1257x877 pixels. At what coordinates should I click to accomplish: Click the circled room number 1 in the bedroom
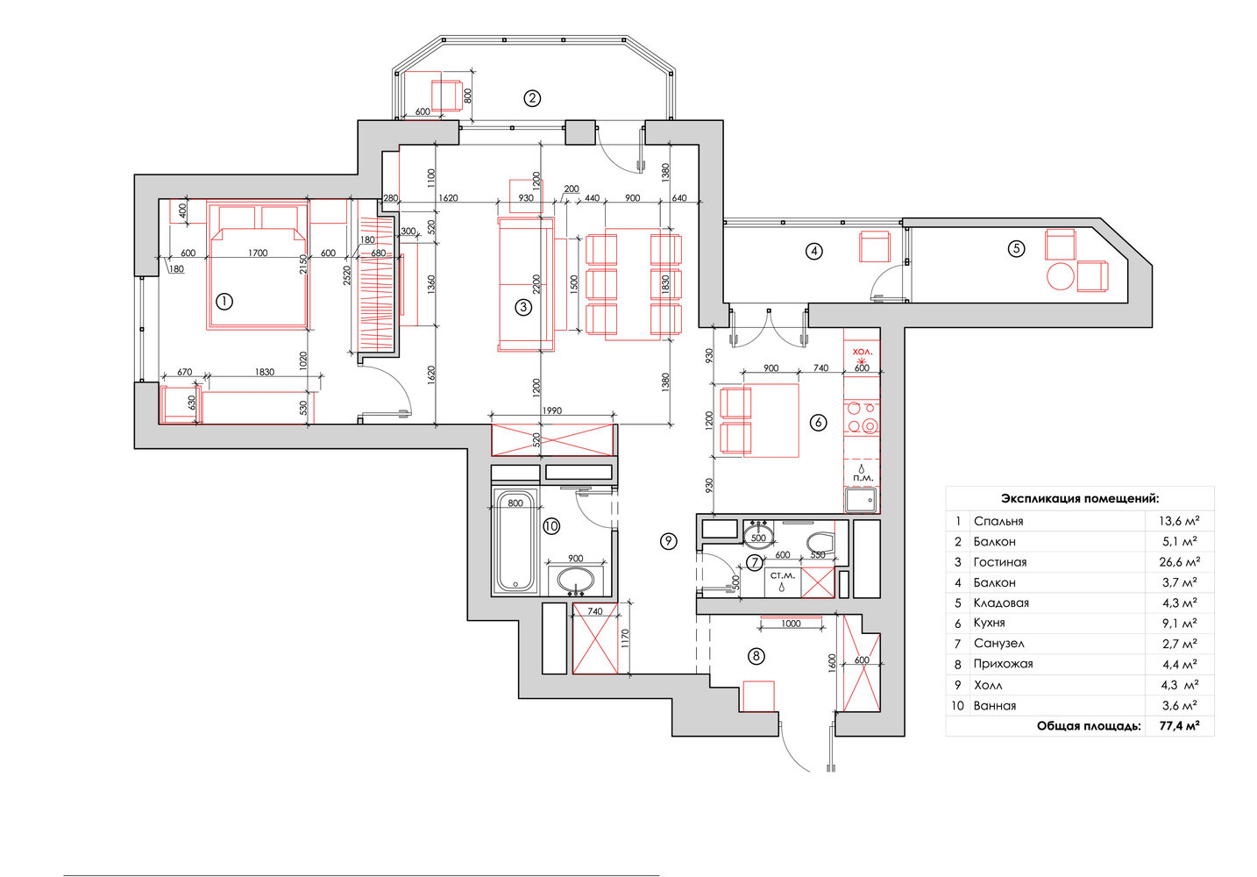[224, 302]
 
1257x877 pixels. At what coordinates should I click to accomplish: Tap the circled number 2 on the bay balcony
[532, 99]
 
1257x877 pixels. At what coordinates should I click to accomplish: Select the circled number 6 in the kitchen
[818, 422]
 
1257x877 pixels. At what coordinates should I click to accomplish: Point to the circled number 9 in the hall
[668, 541]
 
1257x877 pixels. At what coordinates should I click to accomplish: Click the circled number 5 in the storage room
[1016, 249]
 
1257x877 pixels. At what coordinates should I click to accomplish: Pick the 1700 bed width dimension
[258, 253]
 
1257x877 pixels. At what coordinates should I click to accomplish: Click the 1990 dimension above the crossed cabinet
[551, 411]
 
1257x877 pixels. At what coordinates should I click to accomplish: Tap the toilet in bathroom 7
[821, 543]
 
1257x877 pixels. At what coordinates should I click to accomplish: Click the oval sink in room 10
[575, 580]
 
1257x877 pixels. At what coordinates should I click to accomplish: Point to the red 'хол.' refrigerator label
[862, 352]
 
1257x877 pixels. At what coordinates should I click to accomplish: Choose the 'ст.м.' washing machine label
[782, 575]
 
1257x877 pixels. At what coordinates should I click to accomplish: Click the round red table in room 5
[1061, 276]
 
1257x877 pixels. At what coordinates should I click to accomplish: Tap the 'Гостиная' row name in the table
[1000, 562]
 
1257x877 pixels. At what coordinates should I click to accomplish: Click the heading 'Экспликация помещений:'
[1080, 499]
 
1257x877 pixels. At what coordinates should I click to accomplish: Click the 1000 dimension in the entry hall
[791, 624]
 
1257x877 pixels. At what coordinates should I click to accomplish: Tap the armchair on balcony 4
[874, 247]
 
